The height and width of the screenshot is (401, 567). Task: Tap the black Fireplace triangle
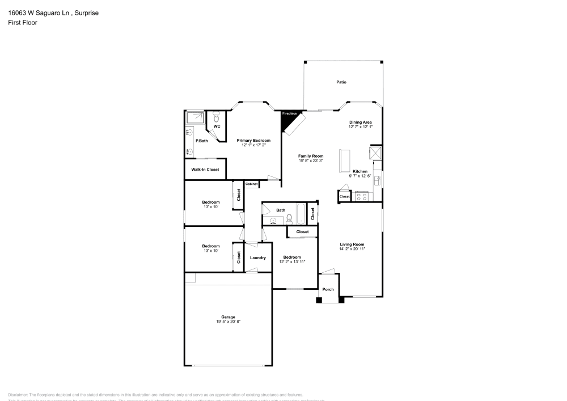point(287,117)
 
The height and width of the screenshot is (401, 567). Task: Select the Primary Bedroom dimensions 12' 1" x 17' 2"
point(253,145)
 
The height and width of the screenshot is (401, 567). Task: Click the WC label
point(217,126)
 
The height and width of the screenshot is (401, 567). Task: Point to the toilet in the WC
point(216,117)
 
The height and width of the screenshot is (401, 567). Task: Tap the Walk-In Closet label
point(205,170)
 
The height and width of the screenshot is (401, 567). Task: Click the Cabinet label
point(252,184)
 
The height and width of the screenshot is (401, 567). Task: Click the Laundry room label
point(258,258)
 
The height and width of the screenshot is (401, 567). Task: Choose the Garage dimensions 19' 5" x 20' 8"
point(228,322)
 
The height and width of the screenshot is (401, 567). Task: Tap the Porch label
point(328,290)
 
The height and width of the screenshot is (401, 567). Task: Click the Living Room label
point(352,244)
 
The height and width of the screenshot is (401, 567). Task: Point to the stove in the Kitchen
point(361,196)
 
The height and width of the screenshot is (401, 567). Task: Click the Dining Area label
point(361,122)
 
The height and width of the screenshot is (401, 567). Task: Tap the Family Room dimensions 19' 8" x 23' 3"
point(311,161)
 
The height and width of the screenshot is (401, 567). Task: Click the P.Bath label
point(200,141)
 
